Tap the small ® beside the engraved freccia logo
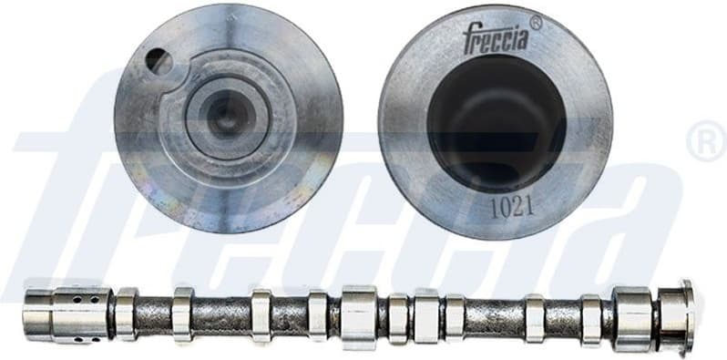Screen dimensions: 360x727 coord(535,24)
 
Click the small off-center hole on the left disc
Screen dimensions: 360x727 coord(159,62)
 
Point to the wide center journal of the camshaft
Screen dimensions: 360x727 coord(359,316)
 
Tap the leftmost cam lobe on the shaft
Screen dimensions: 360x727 coord(127,314)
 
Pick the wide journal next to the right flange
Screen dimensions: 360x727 coord(632,316)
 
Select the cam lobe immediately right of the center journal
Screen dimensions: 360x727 coord(398,315)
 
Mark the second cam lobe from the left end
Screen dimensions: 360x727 coord(182,314)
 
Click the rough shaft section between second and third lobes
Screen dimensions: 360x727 coord(221,315)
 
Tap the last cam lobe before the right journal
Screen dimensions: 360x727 coord(591,318)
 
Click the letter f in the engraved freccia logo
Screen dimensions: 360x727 coord(467,41)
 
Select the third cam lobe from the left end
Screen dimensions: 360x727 coord(261,315)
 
